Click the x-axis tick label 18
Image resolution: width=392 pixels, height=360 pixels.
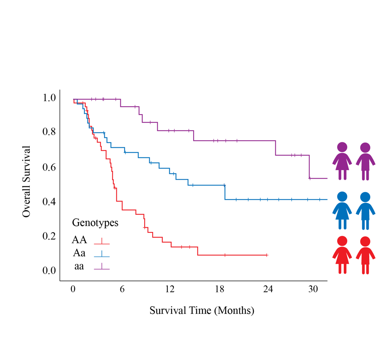pyautogui.click(x=219, y=289)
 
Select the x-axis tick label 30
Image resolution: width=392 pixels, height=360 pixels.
pyautogui.click(x=313, y=289)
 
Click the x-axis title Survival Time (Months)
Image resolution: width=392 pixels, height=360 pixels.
pyautogui.click(x=202, y=311)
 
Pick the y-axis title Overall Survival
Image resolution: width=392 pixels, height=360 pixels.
pyautogui.click(x=26, y=181)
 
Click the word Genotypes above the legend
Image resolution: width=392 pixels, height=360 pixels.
pyautogui.click(x=95, y=222)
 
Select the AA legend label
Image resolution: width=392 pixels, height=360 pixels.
pyautogui.click(x=79, y=240)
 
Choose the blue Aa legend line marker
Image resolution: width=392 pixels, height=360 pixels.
pyautogui.click(x=102, y=254)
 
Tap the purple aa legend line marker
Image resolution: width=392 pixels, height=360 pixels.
pyautogui.click(x=102, y=268)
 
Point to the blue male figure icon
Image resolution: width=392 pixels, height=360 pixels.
pyautogui.click(x=365, y=211)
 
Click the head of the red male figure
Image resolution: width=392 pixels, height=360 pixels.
pyautogui.click(x=365, y=241)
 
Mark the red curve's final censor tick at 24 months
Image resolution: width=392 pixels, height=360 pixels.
pyautogui.click(x=267, y=255)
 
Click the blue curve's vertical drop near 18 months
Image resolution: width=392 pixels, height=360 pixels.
pyautogui.click(x=225, y=192)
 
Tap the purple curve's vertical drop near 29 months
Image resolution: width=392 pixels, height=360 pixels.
pyautogui.click(x=310, y=167)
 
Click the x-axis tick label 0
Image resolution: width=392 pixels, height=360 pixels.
pyautogui.click(x=73, y=289)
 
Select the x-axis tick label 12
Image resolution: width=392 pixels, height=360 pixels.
pyautogui.click(x=170, y=289)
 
